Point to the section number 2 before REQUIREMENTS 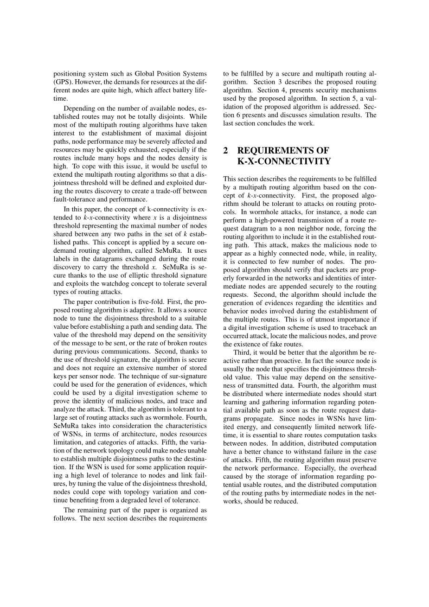tap(225, 151)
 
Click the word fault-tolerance tap(73, 199)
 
